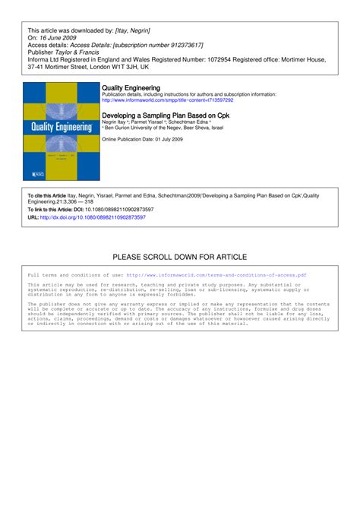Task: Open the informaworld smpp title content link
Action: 167,100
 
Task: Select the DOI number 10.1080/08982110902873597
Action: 109,209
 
